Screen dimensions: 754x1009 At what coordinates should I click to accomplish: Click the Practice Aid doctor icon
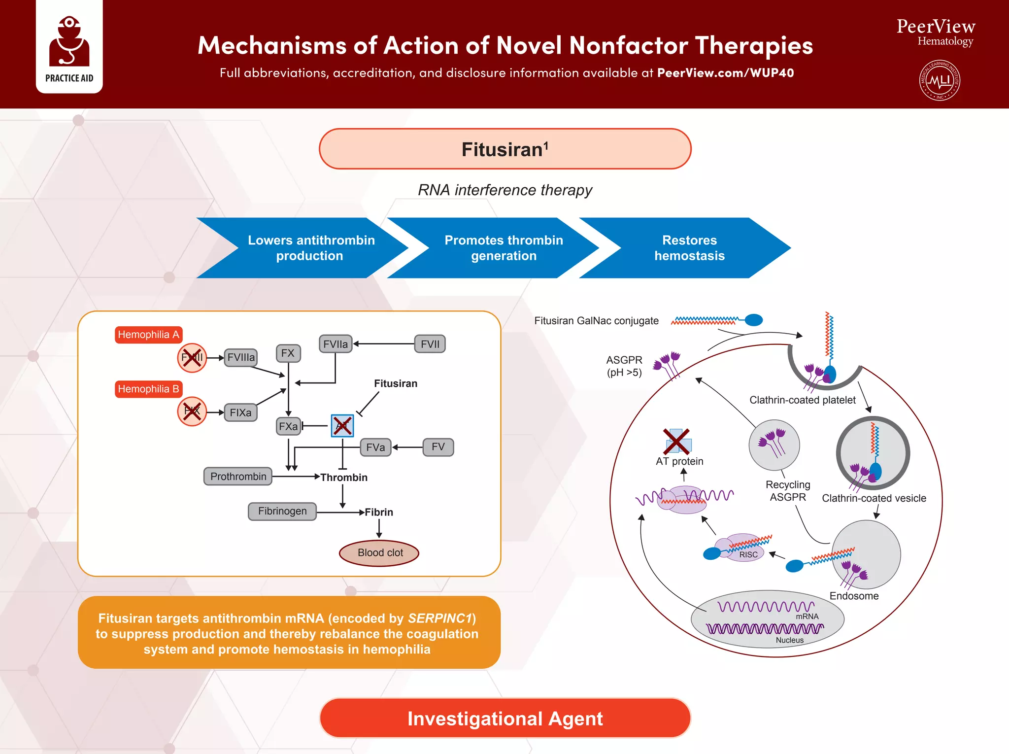tap(69, 42)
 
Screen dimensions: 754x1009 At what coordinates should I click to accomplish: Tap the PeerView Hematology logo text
tap(936, 33)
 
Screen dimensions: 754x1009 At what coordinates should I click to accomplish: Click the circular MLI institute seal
tap(940, 80)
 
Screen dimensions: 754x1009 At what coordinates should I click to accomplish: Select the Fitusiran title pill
tap(505, 149)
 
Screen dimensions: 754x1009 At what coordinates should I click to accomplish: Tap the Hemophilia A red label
tap(148, 335)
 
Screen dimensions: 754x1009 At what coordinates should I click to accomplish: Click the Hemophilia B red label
tap(148, 389)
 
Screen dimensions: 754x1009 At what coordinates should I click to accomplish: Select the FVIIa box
tap(336, 344)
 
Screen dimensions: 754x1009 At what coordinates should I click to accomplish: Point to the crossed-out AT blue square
tap(342, 426)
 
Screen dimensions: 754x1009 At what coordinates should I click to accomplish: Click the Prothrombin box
tap(238, 477)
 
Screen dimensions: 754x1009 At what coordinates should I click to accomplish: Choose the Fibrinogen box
tap(282, 511)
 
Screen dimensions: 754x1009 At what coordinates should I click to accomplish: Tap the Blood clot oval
tap(379, 553)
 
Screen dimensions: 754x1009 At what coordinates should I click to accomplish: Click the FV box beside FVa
tap(438, 447)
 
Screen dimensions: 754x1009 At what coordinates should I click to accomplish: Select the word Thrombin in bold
tap(344, 478)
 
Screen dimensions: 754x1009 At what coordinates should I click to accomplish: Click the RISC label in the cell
tap(748, 555)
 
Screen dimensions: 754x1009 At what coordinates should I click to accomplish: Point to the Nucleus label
tap(789, 640)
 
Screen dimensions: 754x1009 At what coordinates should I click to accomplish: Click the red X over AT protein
tap(676, 441)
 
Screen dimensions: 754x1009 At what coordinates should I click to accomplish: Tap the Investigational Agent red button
tap(505, 719)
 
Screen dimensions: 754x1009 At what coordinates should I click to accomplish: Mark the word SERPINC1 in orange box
tap(439, 618)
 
